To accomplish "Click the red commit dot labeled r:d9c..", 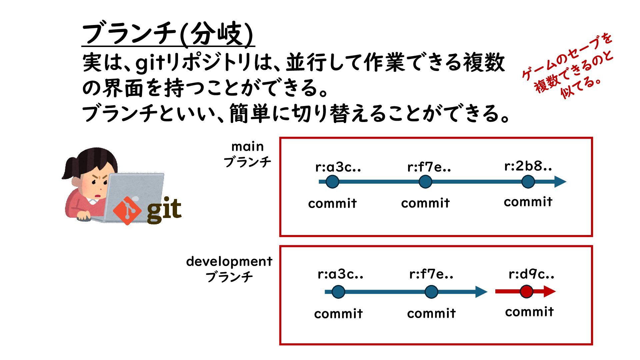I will click(x=526, y=292).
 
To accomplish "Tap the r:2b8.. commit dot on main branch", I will click(x=528, y=182).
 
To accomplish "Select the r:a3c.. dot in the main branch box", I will click(x=332, y=182).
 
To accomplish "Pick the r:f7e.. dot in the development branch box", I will click(x=431, y=292).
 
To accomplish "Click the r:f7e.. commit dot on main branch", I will click(x=425, y=182).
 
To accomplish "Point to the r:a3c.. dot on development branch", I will click(x=338, y=292).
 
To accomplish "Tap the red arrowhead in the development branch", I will click(x=550, y=291).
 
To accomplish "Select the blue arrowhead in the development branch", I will click(x=481, y=292).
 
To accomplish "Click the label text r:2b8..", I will click(x=528, y=166).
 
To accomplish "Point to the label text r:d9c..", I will click(x=531, y=274).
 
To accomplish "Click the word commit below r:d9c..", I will click(x=529, y=312).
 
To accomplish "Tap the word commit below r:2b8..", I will click(x=528, y=202).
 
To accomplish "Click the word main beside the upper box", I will click(x=247, y=147).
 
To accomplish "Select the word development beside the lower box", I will click(x=229, y=261).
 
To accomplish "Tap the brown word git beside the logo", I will click(x=164, y=210).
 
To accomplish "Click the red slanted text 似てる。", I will click(x=581, y=87).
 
